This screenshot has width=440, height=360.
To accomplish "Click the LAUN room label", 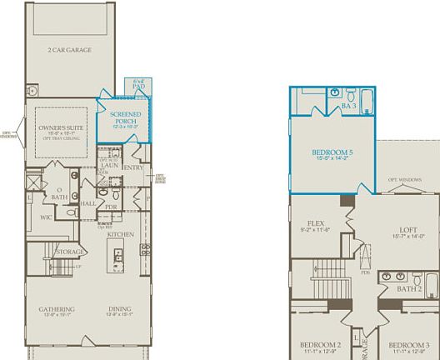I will [109, 165].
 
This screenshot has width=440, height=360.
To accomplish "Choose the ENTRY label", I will [133, 167].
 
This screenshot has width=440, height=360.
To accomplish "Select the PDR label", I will [111, 207].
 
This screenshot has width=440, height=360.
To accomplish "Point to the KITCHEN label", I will [121, 234].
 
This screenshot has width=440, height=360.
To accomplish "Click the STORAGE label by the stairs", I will [68, 251].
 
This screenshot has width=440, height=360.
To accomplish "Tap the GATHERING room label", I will [56, 309].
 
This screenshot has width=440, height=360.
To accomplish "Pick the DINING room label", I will [119, 309].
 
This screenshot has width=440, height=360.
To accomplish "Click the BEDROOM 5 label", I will [332, 152].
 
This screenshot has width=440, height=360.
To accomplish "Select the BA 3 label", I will [348, 107].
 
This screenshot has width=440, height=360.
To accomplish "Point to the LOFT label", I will [407, 230].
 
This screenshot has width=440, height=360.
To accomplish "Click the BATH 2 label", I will [408, 288].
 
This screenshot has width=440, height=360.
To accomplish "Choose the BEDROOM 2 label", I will [320, 344].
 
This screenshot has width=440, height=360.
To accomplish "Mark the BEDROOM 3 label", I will [409, 344].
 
